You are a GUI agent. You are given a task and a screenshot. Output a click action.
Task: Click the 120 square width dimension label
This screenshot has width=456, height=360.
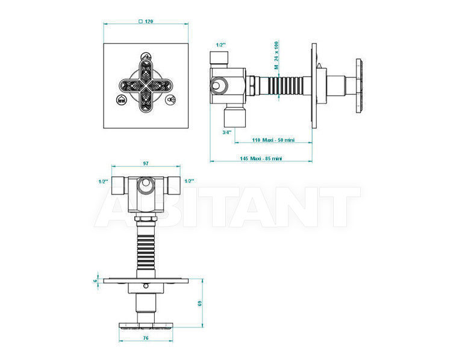[x=146, y=21]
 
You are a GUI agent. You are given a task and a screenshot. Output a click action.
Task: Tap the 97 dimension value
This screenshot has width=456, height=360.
[x=146, y=164]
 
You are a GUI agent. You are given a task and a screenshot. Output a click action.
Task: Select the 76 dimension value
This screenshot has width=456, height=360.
[x=146, y=338]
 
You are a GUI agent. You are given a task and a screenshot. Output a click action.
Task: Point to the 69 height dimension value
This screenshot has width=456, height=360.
[x=199, y=303]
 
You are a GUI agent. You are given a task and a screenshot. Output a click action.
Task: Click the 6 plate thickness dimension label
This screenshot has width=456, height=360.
[x=95, y=281]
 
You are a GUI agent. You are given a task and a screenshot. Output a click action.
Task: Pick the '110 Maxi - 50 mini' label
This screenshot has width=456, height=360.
[x=273, y=140]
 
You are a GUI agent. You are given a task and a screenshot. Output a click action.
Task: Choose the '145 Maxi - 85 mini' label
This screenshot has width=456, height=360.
[x=261, y=158]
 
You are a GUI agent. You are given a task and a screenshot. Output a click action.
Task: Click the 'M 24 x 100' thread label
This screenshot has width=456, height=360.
[x=276, y=55]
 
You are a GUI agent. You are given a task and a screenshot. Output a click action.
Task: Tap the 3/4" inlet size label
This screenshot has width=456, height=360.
[x=227, y=132]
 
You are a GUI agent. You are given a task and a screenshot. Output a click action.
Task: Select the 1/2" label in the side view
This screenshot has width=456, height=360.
[x=220, y=45]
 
